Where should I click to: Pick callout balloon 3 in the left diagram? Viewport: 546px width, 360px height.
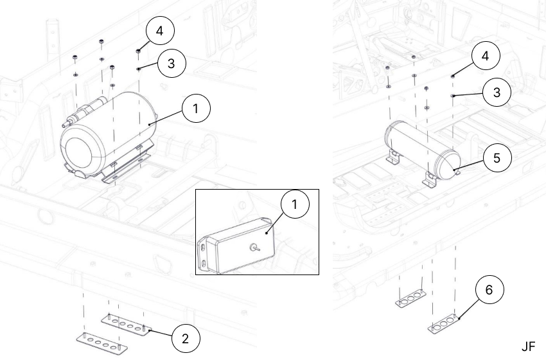[x=171, y=63]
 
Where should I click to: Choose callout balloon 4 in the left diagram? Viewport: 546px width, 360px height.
[x=160, y=31]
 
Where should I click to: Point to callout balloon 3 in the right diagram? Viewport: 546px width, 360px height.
[x=496, y=93]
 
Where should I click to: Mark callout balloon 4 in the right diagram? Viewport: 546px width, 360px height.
[x=486, y=57]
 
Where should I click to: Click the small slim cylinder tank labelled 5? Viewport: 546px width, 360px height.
[x=421, y=147]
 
